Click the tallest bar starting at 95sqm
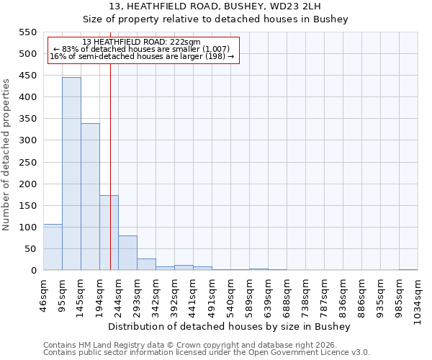click(71, 174)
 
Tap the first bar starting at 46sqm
click(53, 247)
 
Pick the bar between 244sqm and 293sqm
click(127, 253)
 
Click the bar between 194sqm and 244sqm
click(109, 233)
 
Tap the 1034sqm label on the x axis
click(418, 298)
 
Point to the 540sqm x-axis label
click(231, 295)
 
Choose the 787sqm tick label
click(325, 295)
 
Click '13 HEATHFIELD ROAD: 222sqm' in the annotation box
click(141, 42)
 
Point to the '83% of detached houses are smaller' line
click(141, 49)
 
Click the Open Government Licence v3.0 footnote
click(207, 352)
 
